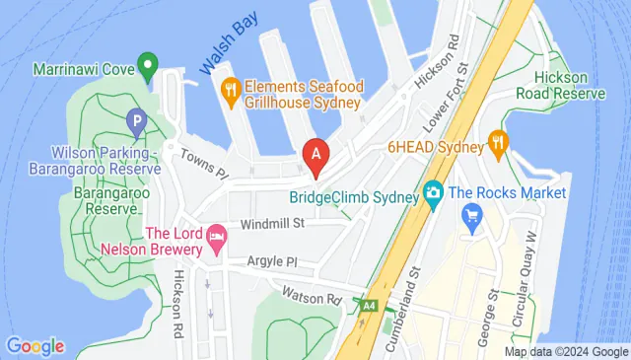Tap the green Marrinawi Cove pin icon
click(x=149, y=67)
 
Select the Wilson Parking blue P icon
click(x=136, y=123)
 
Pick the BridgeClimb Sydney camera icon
click(x=432, y=193)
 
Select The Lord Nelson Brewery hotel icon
click(x=216, y=238)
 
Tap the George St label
click(x=484, y=318)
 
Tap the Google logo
click(x=35, y=345)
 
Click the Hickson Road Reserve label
click(x=568, y=85)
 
